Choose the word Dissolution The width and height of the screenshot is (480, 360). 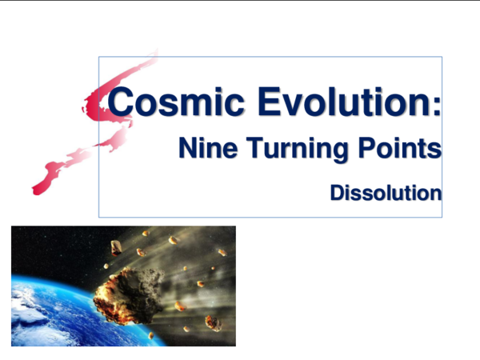[386, 193]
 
